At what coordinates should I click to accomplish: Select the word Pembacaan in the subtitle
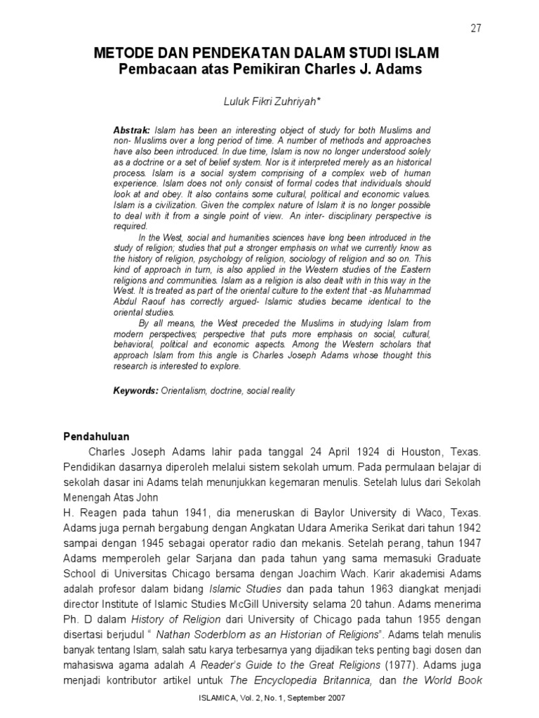152,70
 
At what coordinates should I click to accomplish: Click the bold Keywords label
137,391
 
